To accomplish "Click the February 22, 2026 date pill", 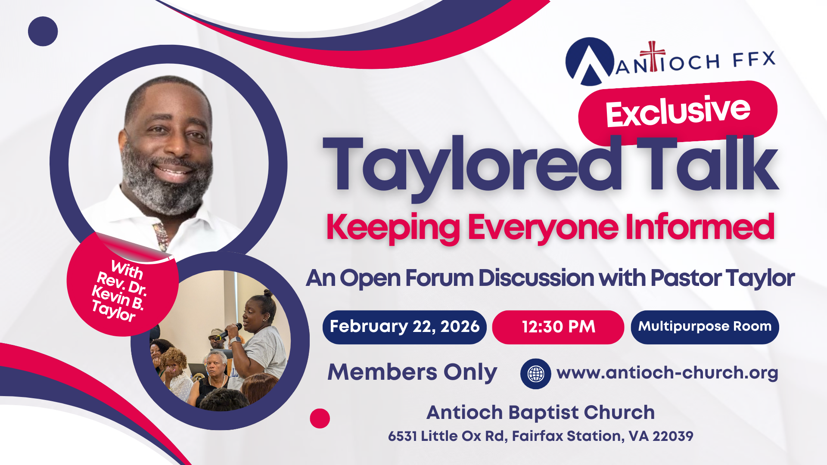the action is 404,327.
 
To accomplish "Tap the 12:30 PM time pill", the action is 558,327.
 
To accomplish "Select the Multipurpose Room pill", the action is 705,327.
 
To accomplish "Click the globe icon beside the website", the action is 535,374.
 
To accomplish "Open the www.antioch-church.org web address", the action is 667,372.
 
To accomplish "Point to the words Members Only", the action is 412,372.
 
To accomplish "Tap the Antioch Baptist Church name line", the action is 541,412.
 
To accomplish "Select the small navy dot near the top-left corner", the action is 43,31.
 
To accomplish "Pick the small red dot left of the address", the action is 320,418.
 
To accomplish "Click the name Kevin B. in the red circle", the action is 118,298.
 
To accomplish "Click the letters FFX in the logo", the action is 754,60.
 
